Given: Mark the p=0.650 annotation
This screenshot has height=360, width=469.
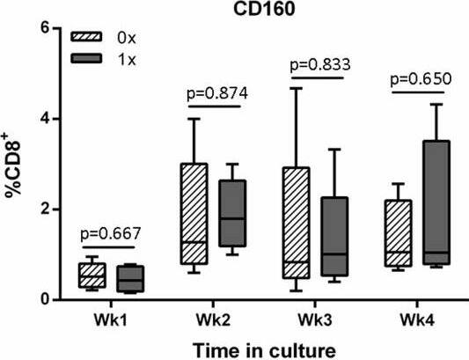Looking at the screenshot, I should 421,78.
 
